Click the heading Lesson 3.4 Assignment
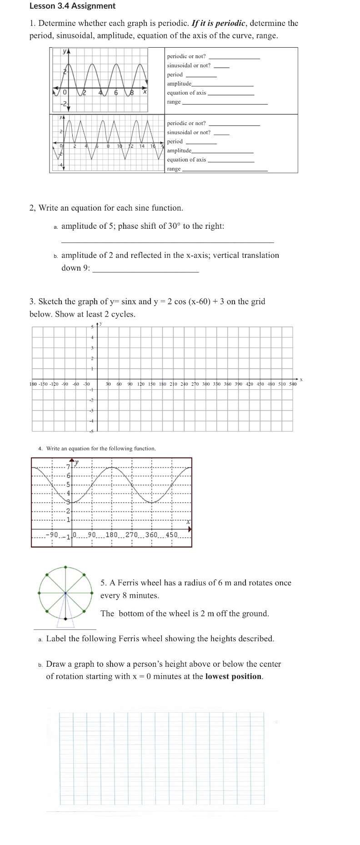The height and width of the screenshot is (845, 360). [x=72, y=6]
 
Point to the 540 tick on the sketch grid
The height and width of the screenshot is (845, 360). [x=293, y=384]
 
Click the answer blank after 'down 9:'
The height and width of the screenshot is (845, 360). [x=145, y=268]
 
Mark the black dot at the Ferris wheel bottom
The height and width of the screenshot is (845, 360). [x=66, y=619]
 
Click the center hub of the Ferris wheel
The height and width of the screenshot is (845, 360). [x=66, y=593]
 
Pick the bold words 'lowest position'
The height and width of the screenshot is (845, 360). [x=233, y=676]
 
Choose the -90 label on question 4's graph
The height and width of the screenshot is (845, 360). [x=52, y=535]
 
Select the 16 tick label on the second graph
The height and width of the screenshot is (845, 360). [x=153, y=146]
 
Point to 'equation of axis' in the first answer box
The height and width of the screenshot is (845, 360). [x=186, y=93]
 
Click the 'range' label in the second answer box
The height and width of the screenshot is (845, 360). [x=174, y=169]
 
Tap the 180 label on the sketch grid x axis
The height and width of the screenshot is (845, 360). [x=162, y=384]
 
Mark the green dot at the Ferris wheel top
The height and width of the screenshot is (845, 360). [x=66, y=568]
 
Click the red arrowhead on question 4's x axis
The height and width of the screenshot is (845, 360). [x=190, y=529]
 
